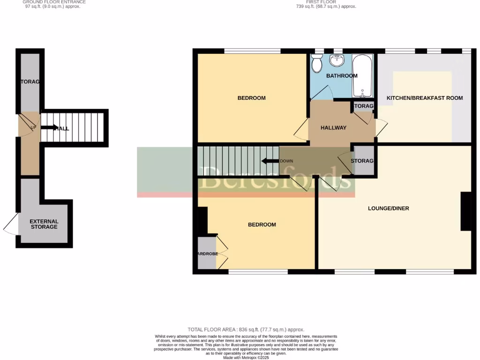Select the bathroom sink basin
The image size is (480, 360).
[x=337, y=60]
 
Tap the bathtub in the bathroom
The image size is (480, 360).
[x=362, y=75]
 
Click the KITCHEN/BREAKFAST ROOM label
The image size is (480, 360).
[x=424, y=98]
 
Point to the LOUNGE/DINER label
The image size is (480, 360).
[x=388, y=208]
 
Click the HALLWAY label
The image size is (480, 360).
[x=333, y=127]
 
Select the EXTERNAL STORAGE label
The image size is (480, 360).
[x=44, y=224]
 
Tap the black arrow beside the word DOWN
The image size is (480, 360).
[x=270, y=161]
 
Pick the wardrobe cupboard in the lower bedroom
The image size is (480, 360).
[x=207, y=254]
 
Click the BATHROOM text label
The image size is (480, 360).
[x=342, y=75]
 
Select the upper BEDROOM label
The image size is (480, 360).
[x=251, y=98]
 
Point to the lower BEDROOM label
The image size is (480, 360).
[x=262, y=225]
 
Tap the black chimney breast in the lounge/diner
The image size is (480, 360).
[x=466, y=211]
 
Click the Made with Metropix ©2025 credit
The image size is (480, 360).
[x=246, y=358]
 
